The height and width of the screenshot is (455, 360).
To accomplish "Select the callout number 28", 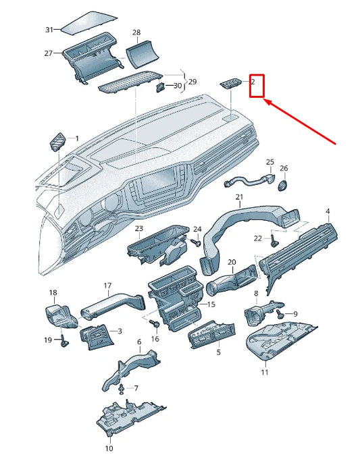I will click(x=136, y=32).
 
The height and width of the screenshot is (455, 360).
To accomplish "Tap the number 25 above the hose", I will click(x=269, y=163).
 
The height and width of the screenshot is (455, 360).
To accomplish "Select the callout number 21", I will click(x=238, y=197).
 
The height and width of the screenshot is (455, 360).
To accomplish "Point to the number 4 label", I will click(x=328, y=212).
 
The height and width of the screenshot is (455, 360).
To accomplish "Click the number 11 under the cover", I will click(x=265, y=372).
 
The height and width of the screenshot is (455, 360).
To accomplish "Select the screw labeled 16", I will click(x=155, y=325).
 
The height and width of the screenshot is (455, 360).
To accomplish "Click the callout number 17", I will click(x=107, y=286).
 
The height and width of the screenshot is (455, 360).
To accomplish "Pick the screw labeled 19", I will click(x=63, y=342).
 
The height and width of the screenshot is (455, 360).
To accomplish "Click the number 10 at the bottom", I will click(x=109, y=448).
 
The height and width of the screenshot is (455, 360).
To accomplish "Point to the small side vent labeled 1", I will click(x=57, y=142).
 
